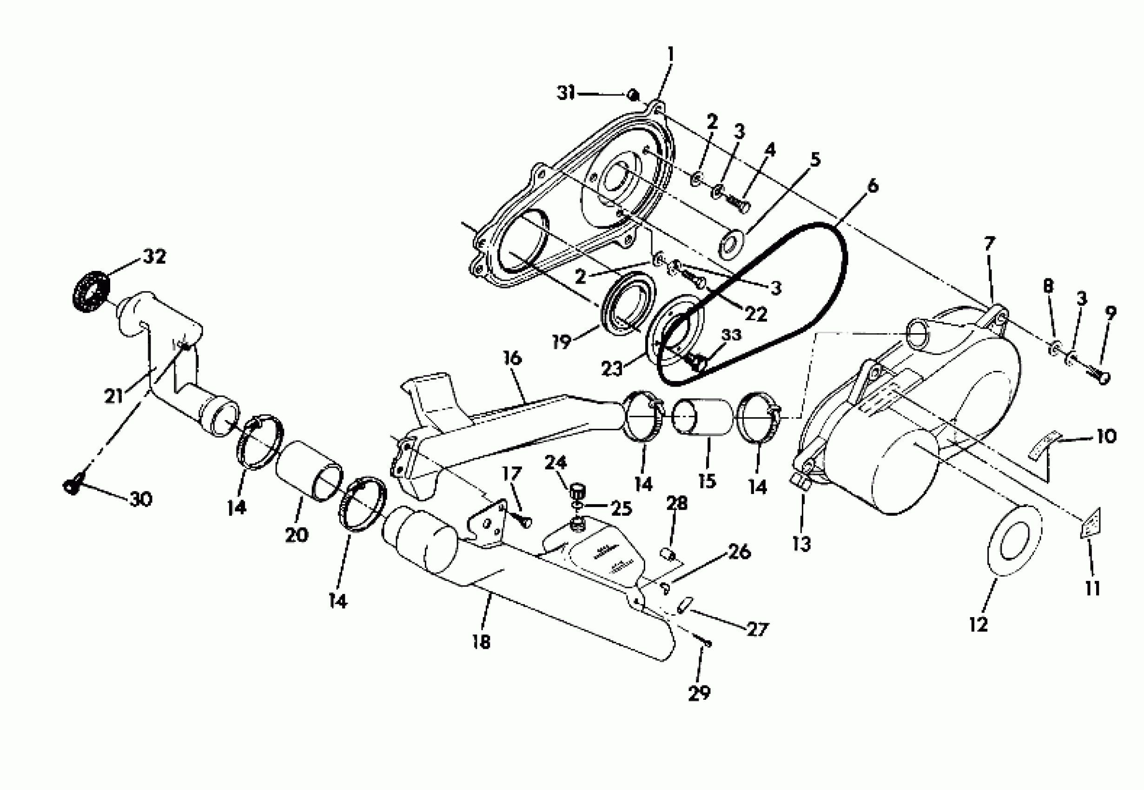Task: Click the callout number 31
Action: pos(566,93)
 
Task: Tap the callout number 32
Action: pos(154,257)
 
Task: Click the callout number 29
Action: pos(699,693)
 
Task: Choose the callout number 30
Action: pos(140,500)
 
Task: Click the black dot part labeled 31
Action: pos(632,94)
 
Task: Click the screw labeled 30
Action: pos(73,487)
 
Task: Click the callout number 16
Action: pos(512,358)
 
